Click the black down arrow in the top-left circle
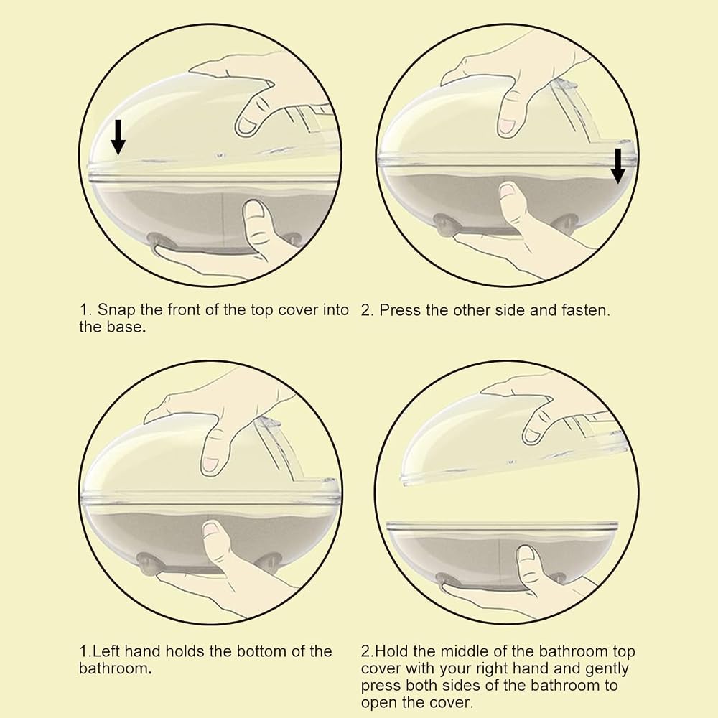pos(118,137)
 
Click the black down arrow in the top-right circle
pos(617,165)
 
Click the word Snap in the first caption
pos(117,311)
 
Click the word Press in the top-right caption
pos(400,310)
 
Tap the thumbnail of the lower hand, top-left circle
pos(255,210)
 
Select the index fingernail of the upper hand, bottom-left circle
pos(211,464)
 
